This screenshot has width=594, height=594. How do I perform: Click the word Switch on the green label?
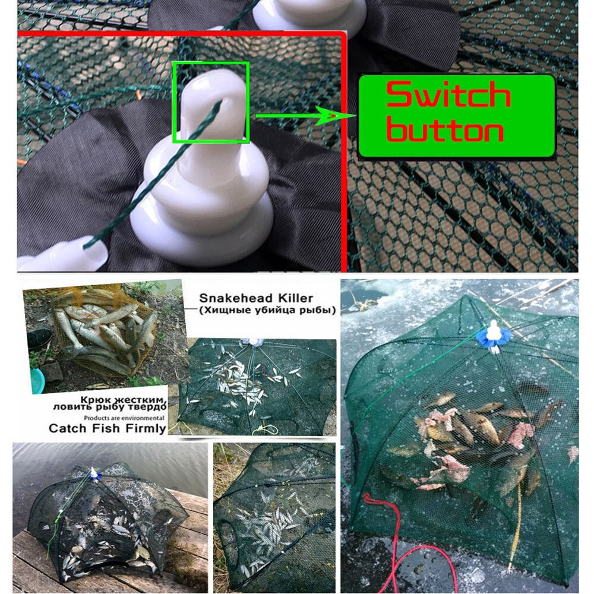point(448,96)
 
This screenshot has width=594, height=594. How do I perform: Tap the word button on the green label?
point(445,131)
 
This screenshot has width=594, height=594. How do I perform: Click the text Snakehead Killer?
point(255,298)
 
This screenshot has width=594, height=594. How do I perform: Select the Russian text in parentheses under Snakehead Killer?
point(267,310)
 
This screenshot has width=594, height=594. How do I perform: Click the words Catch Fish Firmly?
point(107,428)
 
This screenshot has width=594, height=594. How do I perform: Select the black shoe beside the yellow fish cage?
point(39,339)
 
